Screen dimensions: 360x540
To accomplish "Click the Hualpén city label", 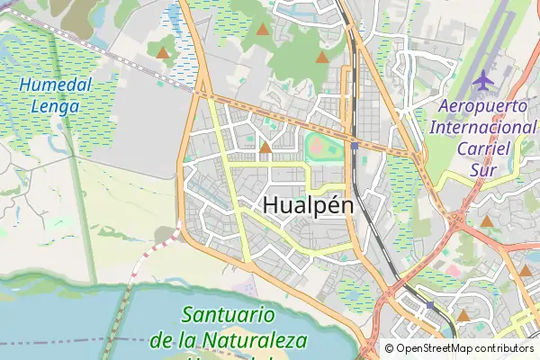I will tap(309, 205).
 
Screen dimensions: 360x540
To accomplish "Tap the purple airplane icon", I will tap(482, 80).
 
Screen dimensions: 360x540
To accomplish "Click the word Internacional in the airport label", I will tap(482, 127).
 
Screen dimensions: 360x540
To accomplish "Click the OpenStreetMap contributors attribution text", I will tap(459, 348).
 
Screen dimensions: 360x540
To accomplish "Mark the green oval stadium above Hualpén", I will tap(318, 145).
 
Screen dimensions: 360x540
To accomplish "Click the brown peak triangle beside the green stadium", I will tap(265, 148).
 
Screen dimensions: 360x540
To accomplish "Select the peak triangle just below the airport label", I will tap(487, 220).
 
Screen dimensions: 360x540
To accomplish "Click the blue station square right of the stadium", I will tap(355, 145).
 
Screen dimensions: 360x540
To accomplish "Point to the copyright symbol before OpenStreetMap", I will tap(390, 348).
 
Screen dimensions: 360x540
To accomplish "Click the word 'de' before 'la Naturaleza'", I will tap(162, 340).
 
